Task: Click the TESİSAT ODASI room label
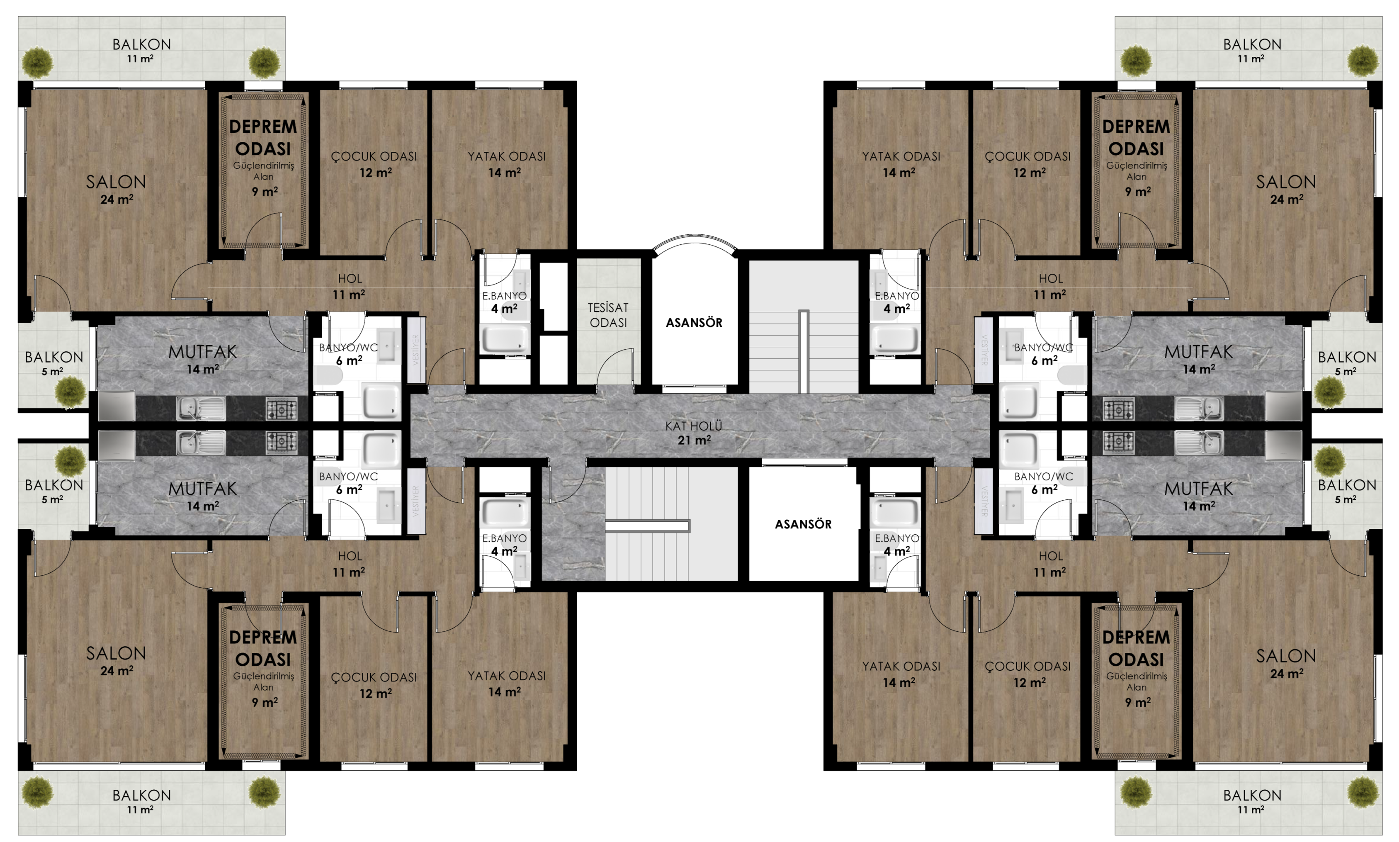tap(608, 315)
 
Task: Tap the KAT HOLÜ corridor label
tap(694, 426)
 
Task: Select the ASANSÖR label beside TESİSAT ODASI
tap(694, 323)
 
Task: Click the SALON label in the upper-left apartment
tap(116, 182)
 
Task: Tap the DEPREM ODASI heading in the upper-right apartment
tap(1136, 138)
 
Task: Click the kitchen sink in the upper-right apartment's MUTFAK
tap(1198, 409)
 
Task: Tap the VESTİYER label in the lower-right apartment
tap(984, 501)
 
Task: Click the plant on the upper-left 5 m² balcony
tap(70, 391)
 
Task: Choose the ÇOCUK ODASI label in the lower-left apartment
tap(374, 677)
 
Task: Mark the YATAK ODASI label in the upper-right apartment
tap(901, 156)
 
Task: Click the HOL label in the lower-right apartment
tap(1050, 557)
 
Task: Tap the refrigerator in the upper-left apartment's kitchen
tap(117, 406)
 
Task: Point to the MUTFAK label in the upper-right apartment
tap(1198, 352)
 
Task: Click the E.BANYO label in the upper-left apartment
tap(504, 296)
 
